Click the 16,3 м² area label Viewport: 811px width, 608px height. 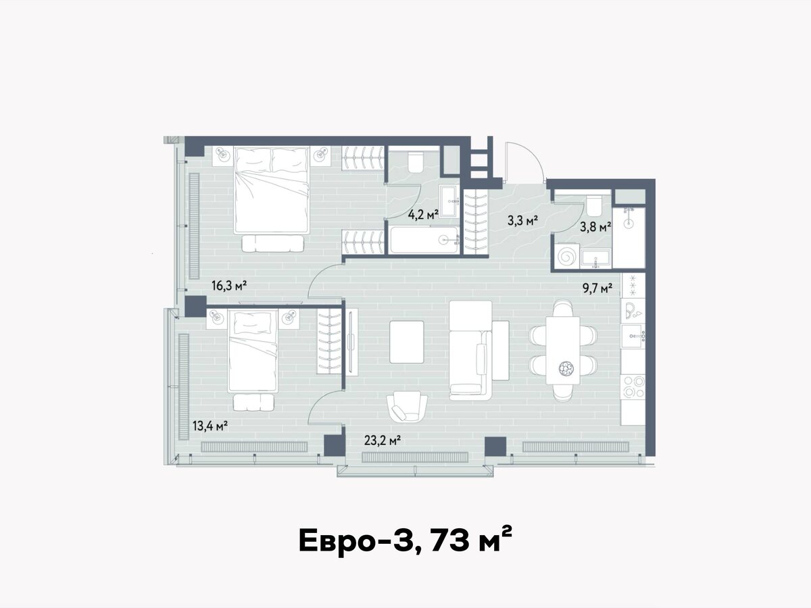point(229,285)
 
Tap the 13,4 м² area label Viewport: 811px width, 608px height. point(210,426)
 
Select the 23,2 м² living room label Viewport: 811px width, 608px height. point(383,440)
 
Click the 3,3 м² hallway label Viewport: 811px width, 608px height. point(522,220)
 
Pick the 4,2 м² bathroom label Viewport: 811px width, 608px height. point(424,214)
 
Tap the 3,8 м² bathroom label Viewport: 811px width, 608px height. point(595,226)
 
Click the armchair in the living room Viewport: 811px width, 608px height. point(407,407)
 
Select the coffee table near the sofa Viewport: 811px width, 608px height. point(407,342)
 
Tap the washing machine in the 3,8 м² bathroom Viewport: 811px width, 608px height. point(566,255)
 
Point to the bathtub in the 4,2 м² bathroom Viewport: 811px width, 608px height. point(424,240)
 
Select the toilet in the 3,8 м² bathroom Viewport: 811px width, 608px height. point(594,206)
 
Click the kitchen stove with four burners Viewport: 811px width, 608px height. point(633,387)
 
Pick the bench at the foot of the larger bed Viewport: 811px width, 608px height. point(273,244)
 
